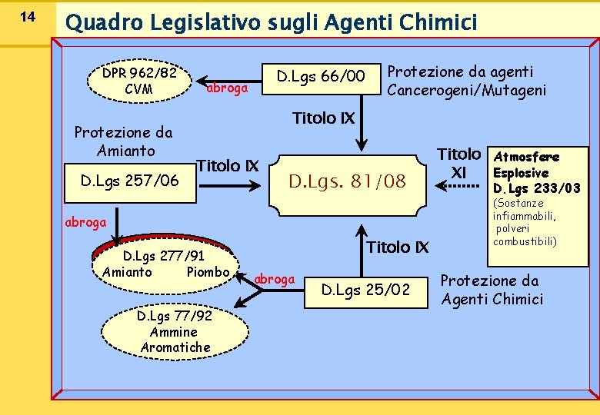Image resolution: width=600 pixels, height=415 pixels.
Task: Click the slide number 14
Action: (x=26, y=16)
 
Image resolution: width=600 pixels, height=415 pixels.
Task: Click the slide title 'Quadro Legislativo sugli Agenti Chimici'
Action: (x=272, y=22)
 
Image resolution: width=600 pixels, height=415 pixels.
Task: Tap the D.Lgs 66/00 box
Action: (x=321, y=76)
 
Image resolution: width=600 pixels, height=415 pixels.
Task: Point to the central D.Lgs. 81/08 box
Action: (x=347, y=181)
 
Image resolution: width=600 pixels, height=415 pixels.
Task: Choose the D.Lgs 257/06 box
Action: (x=130, y=181)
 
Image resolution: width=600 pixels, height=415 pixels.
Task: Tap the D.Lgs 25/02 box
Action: (x=365, y=290)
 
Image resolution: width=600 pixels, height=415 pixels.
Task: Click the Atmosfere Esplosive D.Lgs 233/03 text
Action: (x=537, y=173)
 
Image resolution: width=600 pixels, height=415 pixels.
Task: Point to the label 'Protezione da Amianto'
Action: (x=123, y=141)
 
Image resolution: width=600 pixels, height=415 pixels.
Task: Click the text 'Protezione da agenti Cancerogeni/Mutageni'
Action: (x=466, y=81)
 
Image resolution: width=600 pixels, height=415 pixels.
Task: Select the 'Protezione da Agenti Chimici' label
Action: (x=492, y=290)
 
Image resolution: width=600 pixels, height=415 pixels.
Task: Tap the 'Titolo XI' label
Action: (x=459, y=163)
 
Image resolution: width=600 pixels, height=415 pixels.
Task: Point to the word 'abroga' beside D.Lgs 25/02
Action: (x=275, y=278)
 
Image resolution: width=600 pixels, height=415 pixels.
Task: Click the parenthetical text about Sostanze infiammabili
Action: (x=525, y=223)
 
